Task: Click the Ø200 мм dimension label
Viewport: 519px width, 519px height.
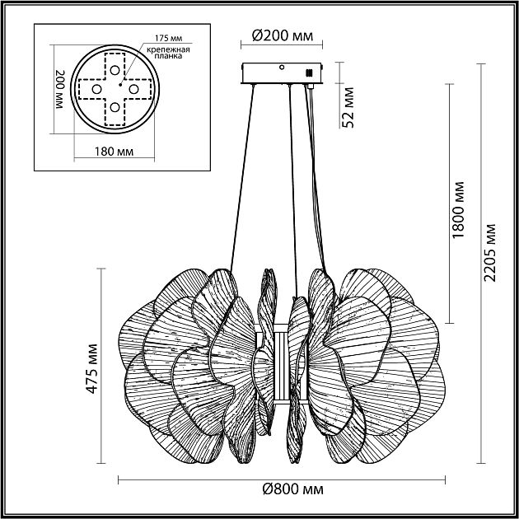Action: click(x=282, y=37)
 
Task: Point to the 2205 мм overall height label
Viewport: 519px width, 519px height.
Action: click(x=491, y=250)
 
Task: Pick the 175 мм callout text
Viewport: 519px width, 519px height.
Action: click(x=167, y=40)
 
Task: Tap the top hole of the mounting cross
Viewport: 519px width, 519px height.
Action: click(x=114, y=68)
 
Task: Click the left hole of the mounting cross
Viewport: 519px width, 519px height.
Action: click(x=96, y=87)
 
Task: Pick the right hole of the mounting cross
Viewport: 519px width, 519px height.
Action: click(x=133, y=86)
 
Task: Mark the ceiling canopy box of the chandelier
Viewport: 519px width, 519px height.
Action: click(x=281, y=73)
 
